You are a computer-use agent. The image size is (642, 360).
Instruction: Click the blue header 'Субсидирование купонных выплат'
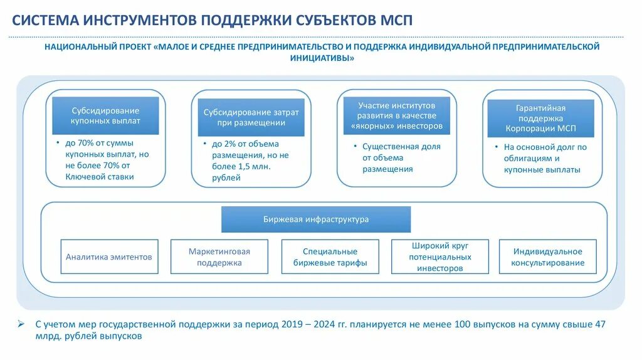click(x=105, y=115)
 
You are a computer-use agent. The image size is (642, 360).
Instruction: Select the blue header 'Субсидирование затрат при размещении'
click(x=251, y=117)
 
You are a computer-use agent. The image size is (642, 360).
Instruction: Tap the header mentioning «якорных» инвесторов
click(x=396, y=115)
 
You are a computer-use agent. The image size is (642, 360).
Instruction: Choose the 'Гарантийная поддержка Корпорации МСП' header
click(x=540, y=119)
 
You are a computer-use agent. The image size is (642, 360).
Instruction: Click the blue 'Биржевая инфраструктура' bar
click(x=316, y=220)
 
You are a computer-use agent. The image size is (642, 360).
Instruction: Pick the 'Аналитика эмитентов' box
click(x=109, y=257)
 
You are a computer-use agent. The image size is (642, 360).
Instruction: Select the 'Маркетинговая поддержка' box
click(x=219, y=257)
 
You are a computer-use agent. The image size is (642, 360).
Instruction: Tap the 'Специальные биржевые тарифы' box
click(x=330, y=257)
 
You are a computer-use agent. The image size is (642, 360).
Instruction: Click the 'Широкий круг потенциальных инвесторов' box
click(x=439, y=257)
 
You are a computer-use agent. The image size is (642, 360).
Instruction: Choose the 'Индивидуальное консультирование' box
click(x=547, y=257)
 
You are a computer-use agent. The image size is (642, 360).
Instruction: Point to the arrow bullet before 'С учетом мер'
click(x=21, y=325)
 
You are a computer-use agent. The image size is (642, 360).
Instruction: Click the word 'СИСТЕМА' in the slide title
click(x=45, y=20)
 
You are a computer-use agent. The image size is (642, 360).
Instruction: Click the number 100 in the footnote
click(x=465, y=324)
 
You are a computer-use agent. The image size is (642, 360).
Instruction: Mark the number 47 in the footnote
click(x=601, y=324)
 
